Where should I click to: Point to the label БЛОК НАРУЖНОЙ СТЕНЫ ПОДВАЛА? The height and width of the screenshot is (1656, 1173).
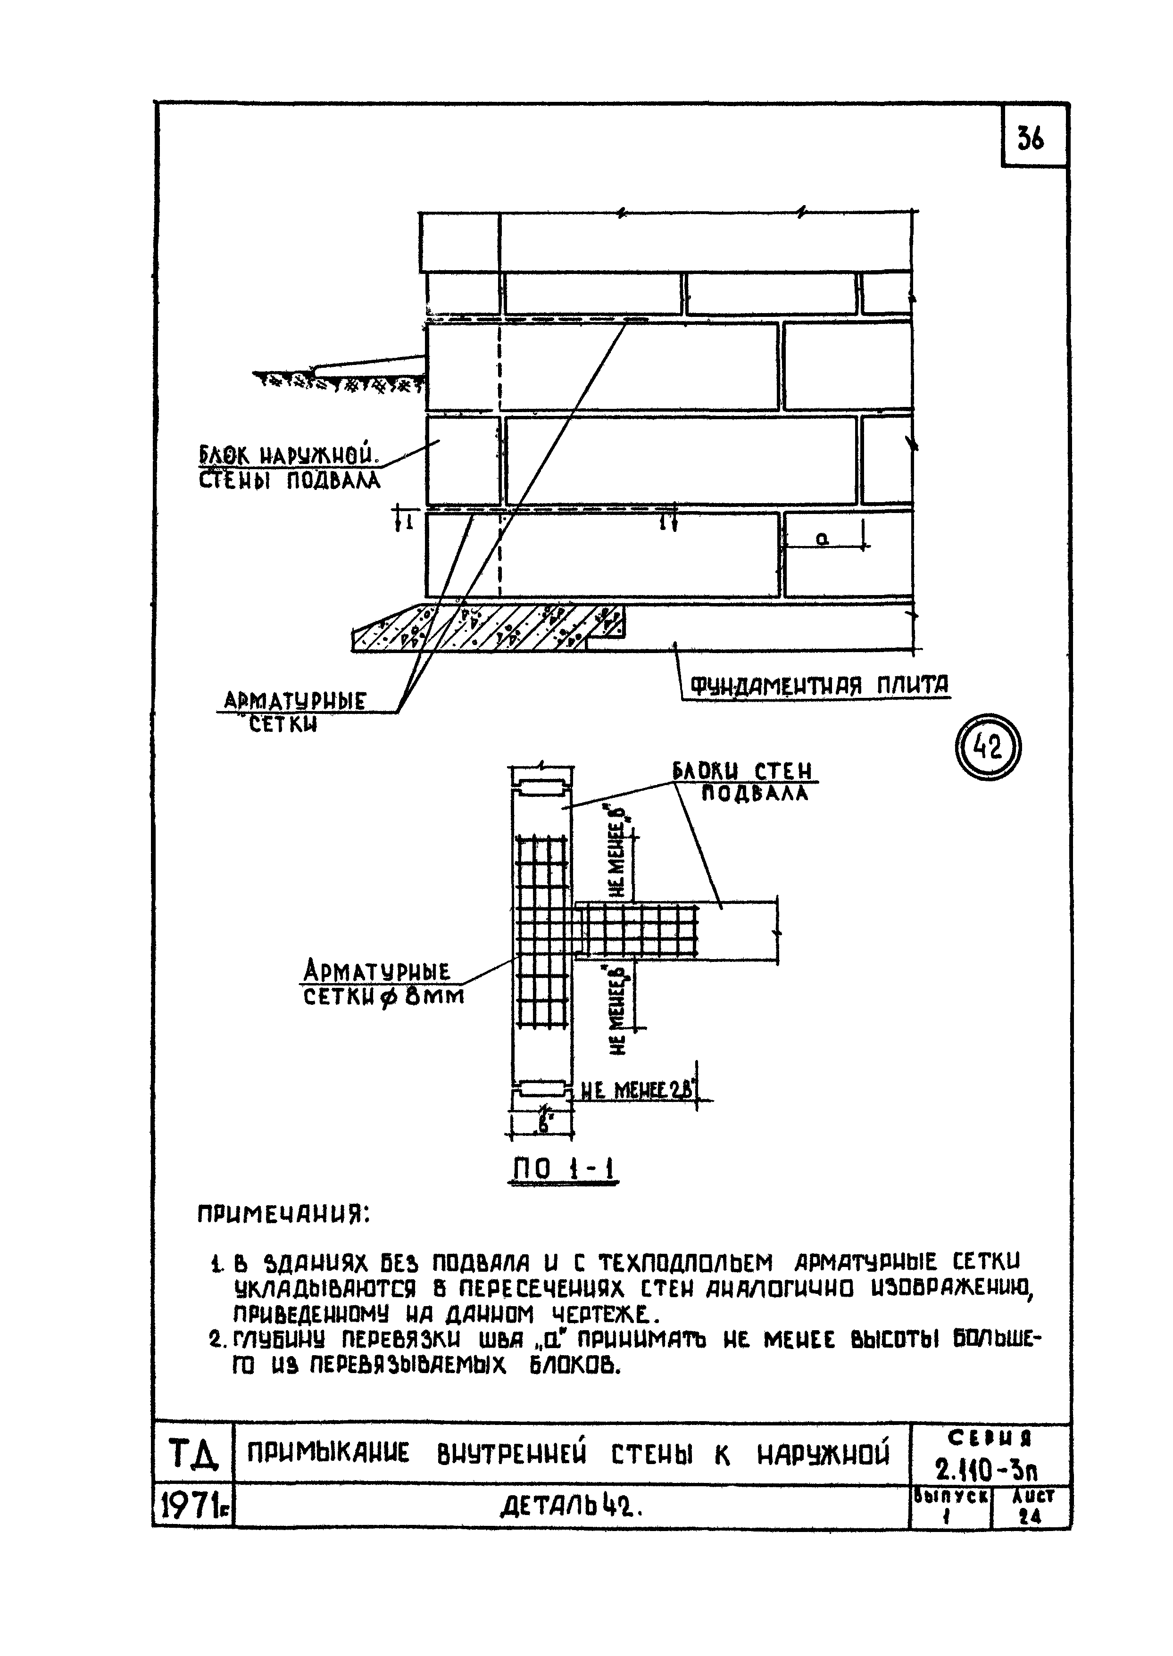pos(289,467)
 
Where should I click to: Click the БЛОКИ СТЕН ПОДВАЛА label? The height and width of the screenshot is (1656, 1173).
pos(744,782)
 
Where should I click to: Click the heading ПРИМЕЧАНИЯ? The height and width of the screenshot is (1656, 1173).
pos(283,1216)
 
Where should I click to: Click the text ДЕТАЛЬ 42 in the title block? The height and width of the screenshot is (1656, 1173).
pos(571,1507)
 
